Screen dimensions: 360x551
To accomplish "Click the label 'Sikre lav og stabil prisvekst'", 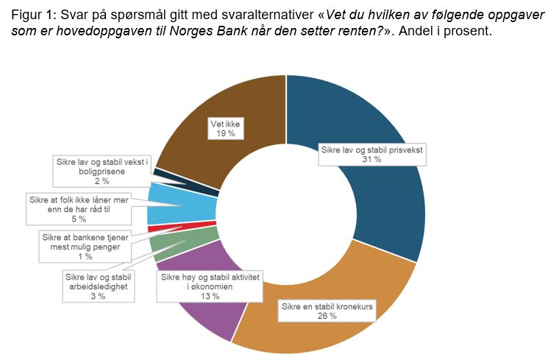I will [x=373, y=154].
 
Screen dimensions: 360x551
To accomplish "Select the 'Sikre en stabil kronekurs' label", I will [x=327, y=310].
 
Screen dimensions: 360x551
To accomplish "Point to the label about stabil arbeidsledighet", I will [x=98, y=286].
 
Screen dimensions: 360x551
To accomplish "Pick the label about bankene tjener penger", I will [x=86, y=246].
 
